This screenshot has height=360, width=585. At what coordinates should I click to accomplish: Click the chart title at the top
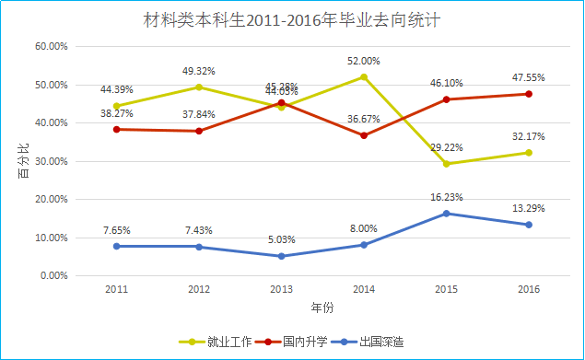click(293, 19)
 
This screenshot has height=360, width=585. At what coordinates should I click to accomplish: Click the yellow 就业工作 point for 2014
click(364, 76)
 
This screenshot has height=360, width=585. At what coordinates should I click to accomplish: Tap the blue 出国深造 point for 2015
click(447, 214)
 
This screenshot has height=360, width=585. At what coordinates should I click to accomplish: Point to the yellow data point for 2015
click(447, 164)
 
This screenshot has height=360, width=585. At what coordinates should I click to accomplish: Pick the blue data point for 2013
click(281, 256)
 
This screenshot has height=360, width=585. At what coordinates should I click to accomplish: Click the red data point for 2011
click(116, 129)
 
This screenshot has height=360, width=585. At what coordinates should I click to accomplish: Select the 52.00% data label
click(364, 61)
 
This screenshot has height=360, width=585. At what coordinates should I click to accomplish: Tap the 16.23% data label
click(447, 197)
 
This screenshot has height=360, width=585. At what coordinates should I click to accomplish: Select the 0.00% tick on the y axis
click(53, 275)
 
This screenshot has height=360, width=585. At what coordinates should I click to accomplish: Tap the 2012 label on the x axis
click(199, 289)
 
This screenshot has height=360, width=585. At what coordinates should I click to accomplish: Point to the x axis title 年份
click(322, 307)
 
